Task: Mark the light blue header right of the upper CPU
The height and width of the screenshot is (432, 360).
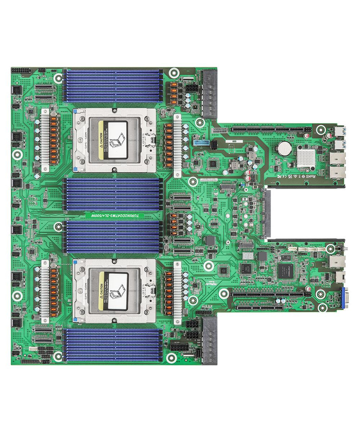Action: (x=201, y=141)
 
